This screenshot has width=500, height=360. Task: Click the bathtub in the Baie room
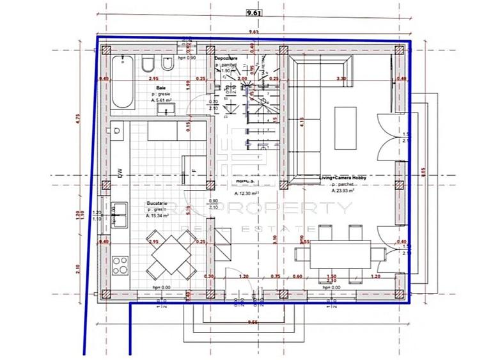point(121,81)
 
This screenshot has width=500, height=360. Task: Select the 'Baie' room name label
point(162,88)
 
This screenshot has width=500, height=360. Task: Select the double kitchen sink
point(119,215)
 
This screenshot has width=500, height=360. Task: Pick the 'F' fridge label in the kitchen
point(192,171)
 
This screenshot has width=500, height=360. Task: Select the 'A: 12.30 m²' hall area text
point(246,193)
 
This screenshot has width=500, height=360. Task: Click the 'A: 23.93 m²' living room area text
point(343,191)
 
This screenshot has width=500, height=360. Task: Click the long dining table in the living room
point(332,254)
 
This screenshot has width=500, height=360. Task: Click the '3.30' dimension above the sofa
point(341,79)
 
